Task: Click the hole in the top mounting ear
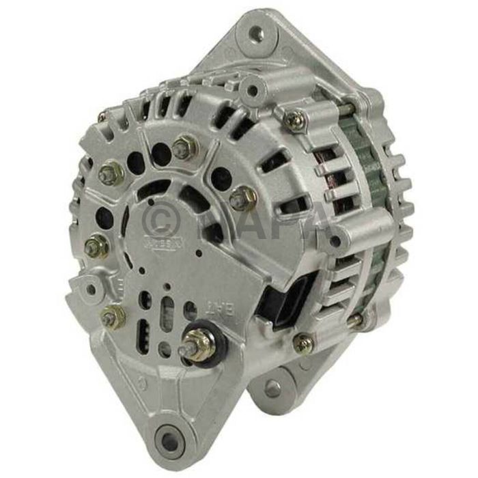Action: coord(256,31)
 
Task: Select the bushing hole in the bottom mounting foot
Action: coord(167,435)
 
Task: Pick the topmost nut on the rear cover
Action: coord(182,145)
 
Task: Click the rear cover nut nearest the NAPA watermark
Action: coord(238,199)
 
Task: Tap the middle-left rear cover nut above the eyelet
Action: coord(97,244)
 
